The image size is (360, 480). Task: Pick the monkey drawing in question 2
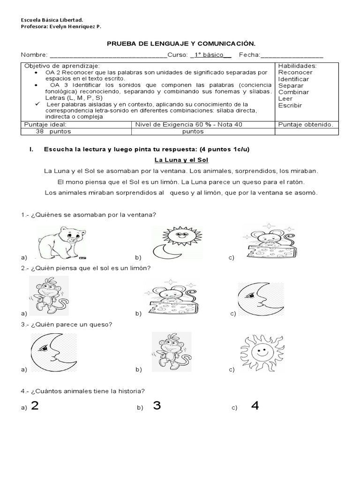coord(48,295)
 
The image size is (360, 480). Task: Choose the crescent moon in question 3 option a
coord(53,352)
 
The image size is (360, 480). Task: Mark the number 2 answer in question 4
coord(34,406)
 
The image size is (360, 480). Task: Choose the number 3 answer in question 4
coord(157,406)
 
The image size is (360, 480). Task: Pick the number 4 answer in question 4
coord(255,406)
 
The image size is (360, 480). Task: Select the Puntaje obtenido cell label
coord(306,125)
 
